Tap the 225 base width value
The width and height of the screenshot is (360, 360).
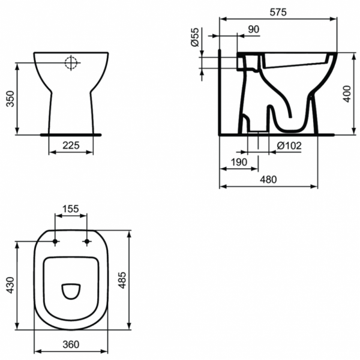point(71,144)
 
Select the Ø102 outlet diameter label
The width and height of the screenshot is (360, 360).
point(289,145)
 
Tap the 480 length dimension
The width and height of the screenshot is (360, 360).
point(268,179)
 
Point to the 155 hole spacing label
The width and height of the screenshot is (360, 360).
point(71,209)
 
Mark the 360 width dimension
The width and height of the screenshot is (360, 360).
point(71,344)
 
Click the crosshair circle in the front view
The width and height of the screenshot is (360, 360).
point(71,62)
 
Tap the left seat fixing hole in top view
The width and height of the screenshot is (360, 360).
point(56,242)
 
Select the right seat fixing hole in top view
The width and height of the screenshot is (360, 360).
point(88,242)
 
